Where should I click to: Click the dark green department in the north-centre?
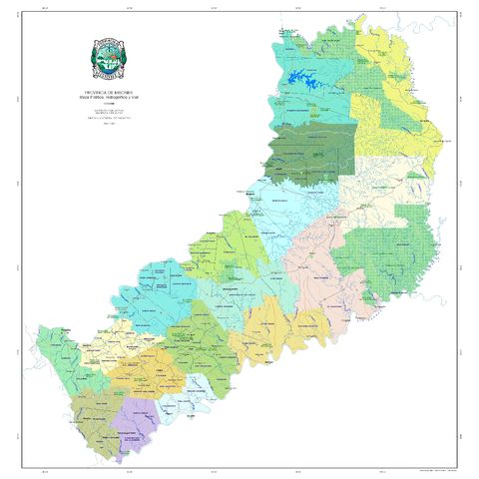314,152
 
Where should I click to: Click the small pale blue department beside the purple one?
180,404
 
